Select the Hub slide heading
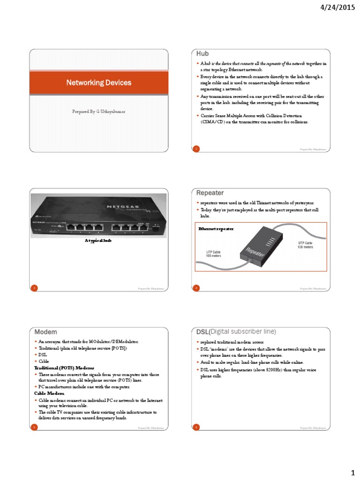(x=202, y=54)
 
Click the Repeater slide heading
(x=210, y=193)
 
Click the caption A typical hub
(x=98, y=240)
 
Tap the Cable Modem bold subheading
(x=48, y=393)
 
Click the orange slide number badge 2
(x=196, y=149)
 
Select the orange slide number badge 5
(x=33, y=427)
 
